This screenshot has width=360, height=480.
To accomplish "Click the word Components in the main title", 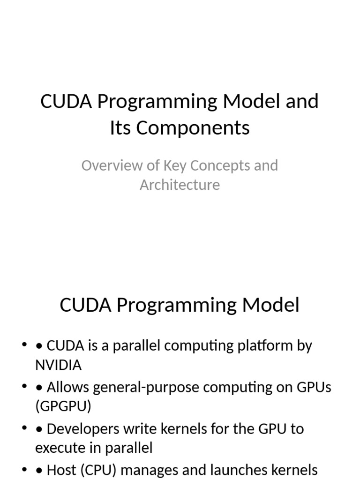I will (x=193, y=127).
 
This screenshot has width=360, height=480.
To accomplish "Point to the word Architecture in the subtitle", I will (x=180, y=185).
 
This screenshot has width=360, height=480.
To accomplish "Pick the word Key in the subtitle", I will (x=173, y=165).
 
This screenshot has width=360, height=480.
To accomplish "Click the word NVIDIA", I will (x=58, y=365).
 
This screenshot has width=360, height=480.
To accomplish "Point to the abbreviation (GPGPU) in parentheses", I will (x=63, y=406).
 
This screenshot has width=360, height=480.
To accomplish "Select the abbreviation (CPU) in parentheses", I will (x=97, y=470).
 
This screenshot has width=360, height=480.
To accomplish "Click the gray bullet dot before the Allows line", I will (x=25, y=387).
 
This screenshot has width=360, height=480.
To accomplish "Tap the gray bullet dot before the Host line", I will (x=25, y=469).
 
